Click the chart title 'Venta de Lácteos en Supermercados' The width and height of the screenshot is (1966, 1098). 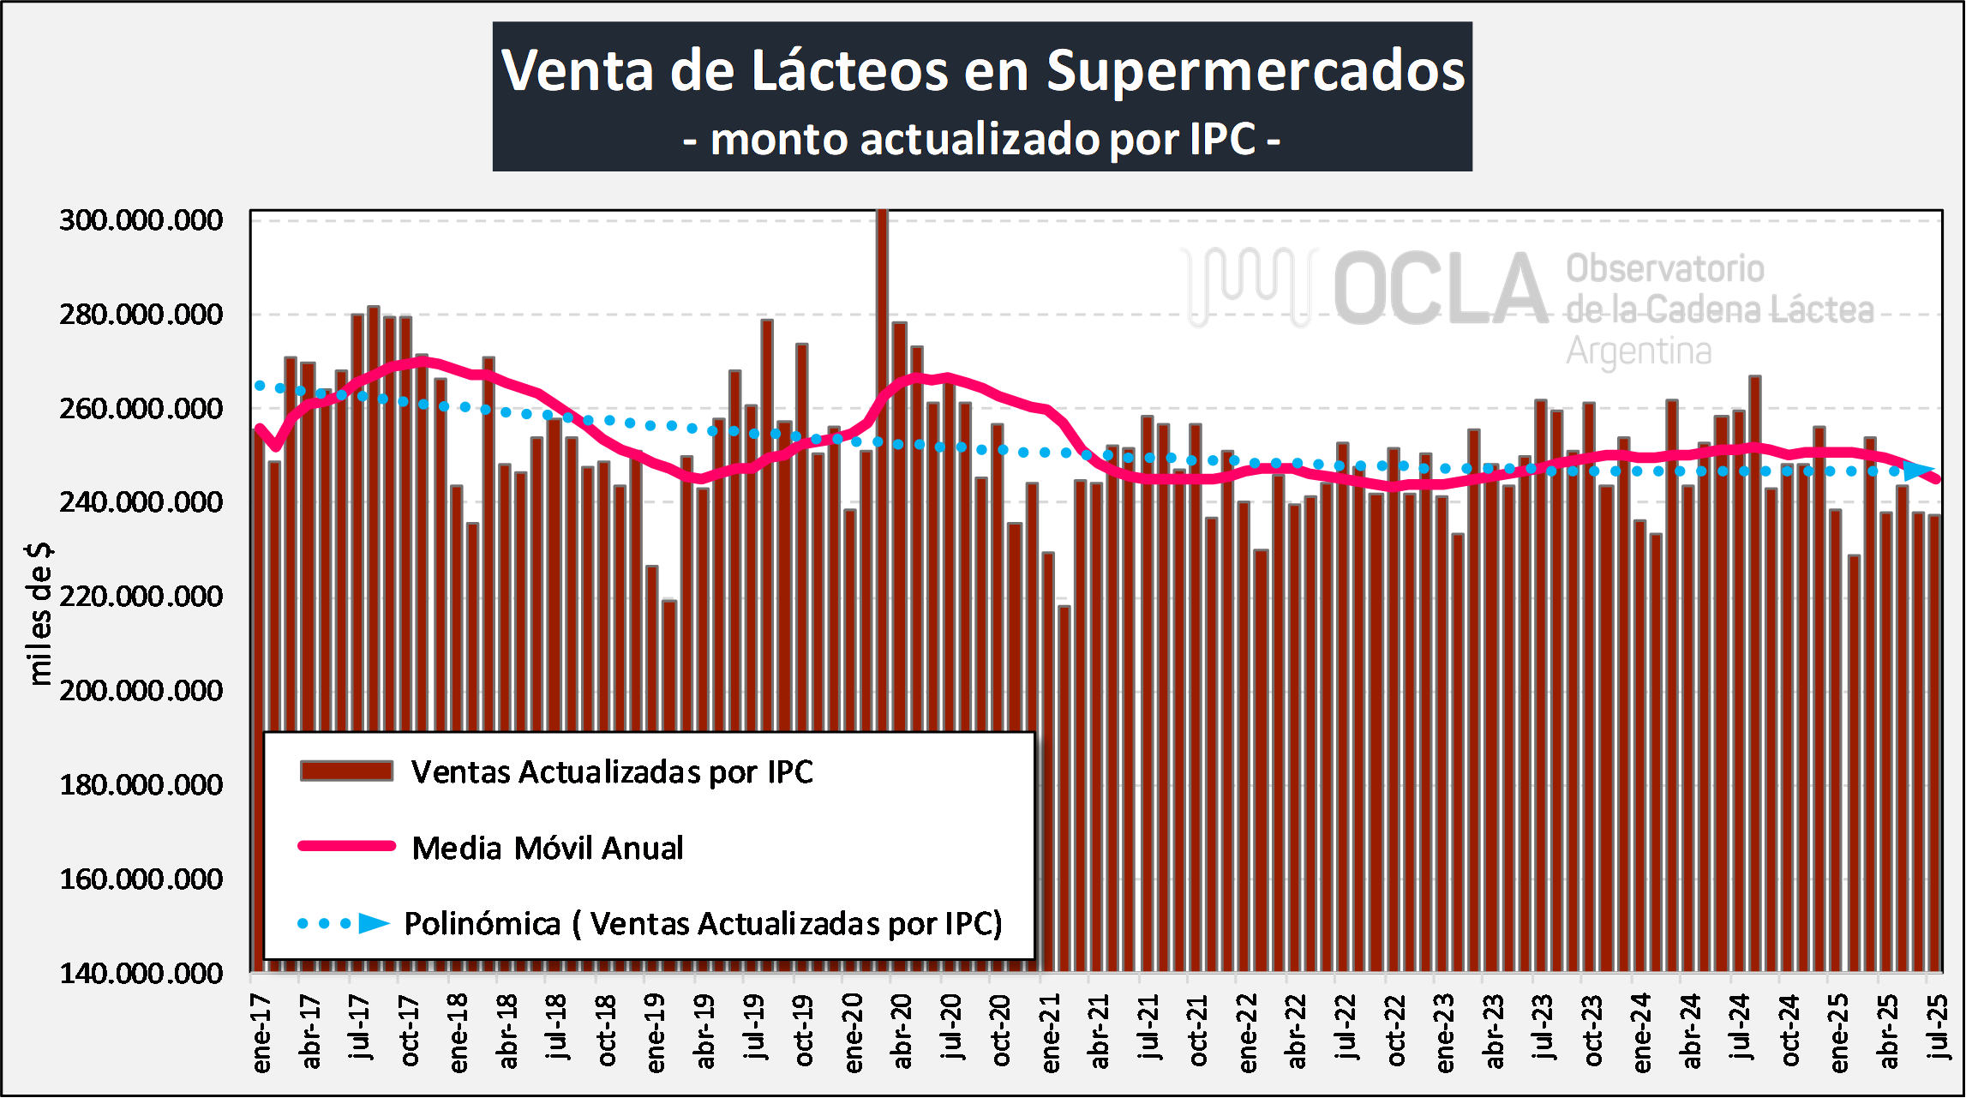[982, 70]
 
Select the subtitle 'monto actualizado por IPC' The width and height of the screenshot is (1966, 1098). [982, 140]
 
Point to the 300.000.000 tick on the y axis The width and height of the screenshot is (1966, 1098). [141, 220]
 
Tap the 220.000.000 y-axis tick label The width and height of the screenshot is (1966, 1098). [141, 597]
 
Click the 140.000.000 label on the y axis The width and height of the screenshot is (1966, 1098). [141, 974]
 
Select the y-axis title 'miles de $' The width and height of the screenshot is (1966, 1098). [40, 614]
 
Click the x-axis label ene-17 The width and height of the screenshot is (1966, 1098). [261, 1034]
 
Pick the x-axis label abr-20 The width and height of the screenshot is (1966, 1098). [902, 1032]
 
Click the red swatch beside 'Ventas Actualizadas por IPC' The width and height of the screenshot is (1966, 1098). [346, 771]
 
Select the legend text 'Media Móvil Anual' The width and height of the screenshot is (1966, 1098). [548, 848]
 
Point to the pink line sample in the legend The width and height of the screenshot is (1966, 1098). [346, 846]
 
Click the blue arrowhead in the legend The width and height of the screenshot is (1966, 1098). [374, 923]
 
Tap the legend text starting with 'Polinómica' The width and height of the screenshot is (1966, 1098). [703, 924]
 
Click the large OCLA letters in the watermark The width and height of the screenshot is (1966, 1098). [1440, 290]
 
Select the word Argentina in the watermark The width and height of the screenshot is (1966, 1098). [1639, 351]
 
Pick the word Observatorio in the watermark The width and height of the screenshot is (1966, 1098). [1665, 269]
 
